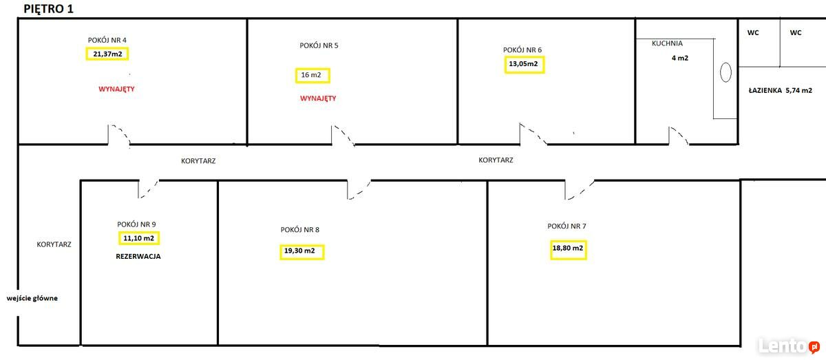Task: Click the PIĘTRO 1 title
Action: pos(49,9)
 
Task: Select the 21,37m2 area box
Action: pos(108,54)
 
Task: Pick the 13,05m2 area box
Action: pos(525,65)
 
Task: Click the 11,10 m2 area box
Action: pos(139,238)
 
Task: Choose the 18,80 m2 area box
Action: pos(568,248)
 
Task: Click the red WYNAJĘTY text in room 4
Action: pos(116,89)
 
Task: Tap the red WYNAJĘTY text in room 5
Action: pos(318,98)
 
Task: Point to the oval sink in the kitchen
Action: pos(726,72)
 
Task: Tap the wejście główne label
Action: pos(32,298)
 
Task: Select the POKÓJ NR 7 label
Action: pos(566,226)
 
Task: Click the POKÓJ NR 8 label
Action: pos(299,229)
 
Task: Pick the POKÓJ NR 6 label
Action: pos(522,50)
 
